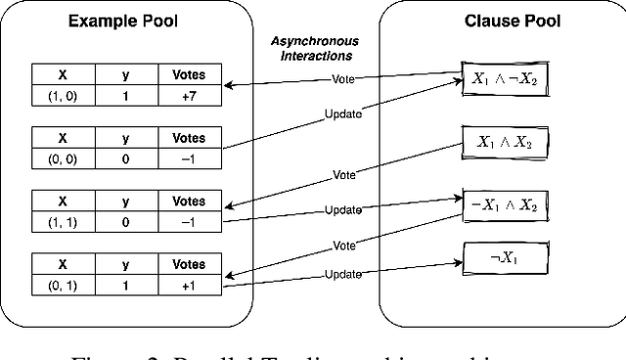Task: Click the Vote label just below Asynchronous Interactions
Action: point(341,77)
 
